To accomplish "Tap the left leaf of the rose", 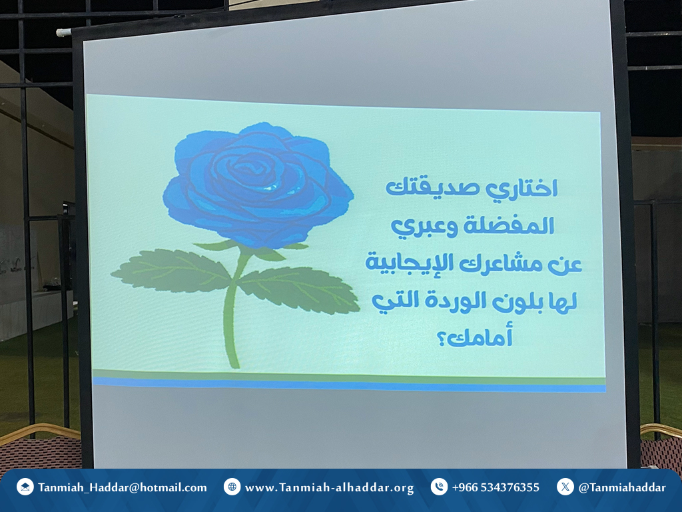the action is (x=172, y=271).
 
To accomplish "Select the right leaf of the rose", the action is (x=300, y=289).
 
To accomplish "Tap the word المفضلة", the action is (x=508, y=225).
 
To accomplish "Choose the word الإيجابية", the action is (x=410, y=263).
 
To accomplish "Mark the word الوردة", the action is (x=456, y=301).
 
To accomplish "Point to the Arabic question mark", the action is (x=442, y=339).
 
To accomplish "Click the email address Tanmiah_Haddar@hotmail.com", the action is (x=123, y=487).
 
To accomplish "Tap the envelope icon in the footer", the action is (x=25, y=487).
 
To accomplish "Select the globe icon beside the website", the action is (x=232, y=487).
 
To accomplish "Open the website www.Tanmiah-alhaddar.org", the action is (x=329, y=488).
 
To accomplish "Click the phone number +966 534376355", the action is (x=496, y=487).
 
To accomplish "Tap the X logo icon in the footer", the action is (x=565, y=487).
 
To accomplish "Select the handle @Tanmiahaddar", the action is (x=622, y=487).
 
